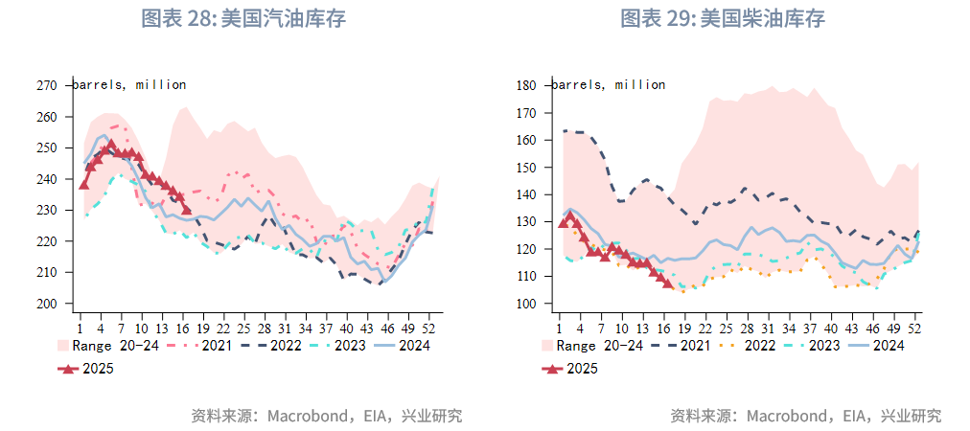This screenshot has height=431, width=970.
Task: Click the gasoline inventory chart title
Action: (243, 18)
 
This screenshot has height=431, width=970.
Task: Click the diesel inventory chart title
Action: (723, 18)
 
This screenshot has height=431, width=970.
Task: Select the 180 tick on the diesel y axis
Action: (525, 85)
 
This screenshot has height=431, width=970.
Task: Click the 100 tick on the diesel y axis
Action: (525, 304)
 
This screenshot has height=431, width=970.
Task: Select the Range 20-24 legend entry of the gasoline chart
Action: (100, 345)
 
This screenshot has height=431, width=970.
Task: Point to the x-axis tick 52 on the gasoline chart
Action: (428, 324)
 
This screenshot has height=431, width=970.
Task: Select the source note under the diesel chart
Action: (805, 416)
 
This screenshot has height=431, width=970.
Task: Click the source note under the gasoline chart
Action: (326, 416)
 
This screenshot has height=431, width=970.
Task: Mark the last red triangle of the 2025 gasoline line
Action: (187, 210)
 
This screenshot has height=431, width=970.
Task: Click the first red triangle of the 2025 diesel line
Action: (564, 222)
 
